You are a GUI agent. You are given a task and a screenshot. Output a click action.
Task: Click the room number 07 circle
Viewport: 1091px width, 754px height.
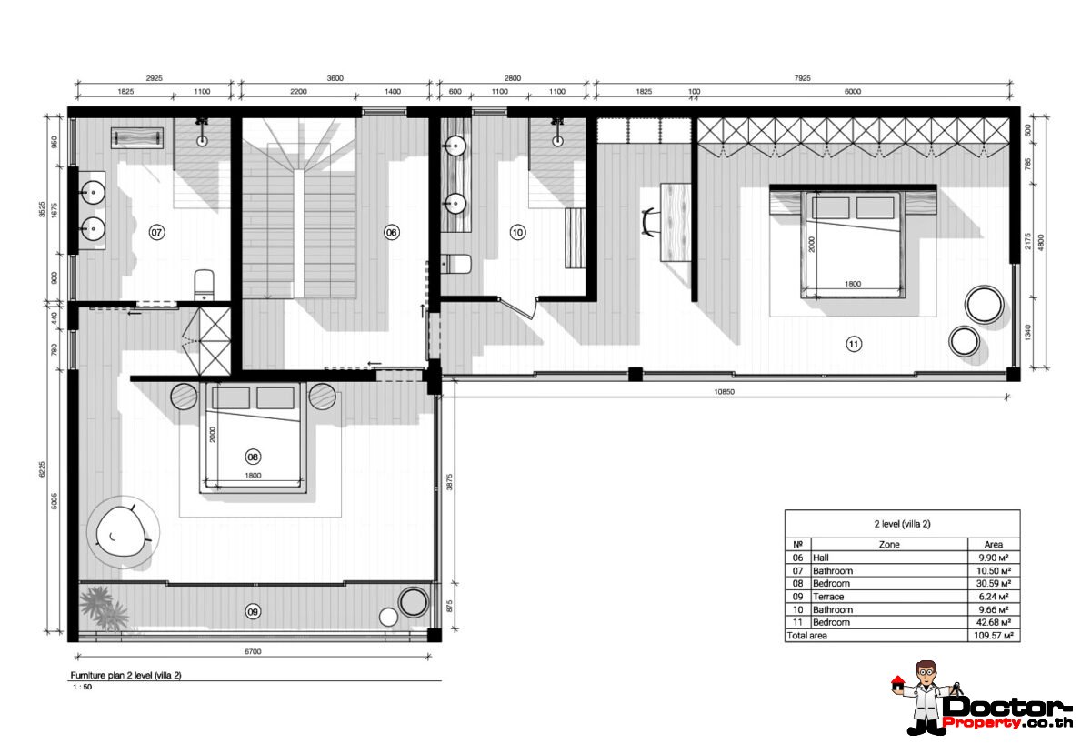(156, 233)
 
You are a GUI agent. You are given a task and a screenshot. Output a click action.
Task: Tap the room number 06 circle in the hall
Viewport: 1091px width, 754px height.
(392, 233)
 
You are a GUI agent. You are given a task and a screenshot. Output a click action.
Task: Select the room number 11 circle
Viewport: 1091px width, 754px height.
(854, 344)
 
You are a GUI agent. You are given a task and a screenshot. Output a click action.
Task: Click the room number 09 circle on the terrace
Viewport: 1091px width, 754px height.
(253, 612)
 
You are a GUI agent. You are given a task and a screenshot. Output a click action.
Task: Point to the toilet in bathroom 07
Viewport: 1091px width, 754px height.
(204, 286)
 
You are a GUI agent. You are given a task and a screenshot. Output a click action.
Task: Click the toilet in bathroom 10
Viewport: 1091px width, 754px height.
(455, 264)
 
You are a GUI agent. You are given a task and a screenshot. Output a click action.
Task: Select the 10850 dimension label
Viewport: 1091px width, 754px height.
(724, 391)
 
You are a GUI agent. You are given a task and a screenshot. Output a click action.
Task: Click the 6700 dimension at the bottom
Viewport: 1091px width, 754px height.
(253, 651)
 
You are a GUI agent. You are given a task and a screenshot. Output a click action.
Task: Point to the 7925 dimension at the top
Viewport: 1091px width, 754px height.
(802, 78)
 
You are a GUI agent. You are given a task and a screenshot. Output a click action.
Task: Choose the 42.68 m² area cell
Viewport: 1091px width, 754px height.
(994, 622)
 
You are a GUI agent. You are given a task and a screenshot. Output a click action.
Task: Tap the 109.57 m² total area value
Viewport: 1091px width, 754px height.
(993, 636)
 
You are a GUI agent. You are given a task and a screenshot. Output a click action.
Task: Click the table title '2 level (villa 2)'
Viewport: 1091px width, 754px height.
(902, 524)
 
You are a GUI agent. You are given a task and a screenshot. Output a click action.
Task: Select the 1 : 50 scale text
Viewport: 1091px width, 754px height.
(83, 688)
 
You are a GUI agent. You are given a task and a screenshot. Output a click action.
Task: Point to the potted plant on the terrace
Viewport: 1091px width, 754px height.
(104, 607)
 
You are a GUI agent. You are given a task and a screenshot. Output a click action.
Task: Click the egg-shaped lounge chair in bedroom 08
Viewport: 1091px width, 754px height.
(122, 531)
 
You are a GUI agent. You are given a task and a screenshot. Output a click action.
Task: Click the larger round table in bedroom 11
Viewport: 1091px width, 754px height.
(985, 305)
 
